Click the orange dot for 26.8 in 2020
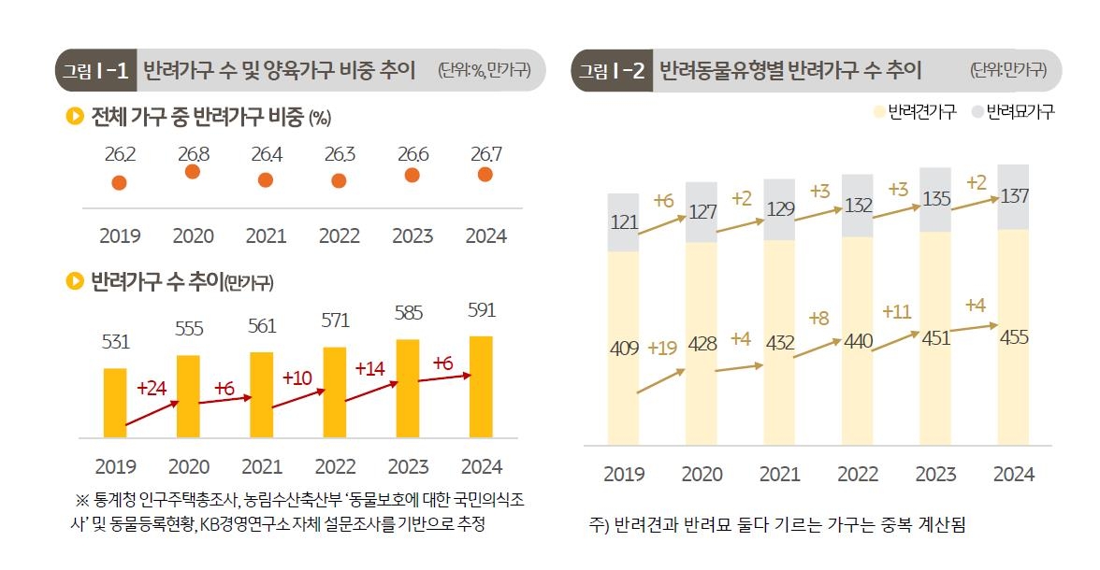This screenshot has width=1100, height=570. click(x=192, y=172)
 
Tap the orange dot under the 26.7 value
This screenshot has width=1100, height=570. click(x=485, y=175)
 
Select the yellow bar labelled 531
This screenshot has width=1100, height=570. click(x=115, y=403)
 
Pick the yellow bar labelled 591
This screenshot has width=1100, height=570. click(x=481, y=386)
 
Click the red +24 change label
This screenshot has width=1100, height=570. click(x=151, y=388)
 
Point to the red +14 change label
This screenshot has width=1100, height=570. click(x=370, y=368)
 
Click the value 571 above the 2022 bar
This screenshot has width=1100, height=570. click(x=335, y=321)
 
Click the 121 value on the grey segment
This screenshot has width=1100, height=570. click(x=624, y=222)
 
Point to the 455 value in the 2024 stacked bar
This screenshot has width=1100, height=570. click(x=1013, y=337)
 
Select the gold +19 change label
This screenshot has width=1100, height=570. click(x=661, y=348)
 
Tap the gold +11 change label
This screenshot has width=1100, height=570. click(x=897, y=311)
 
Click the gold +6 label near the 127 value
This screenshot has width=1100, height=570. click(x=663, y=200)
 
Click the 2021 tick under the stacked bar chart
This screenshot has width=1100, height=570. click(x=780, y=475)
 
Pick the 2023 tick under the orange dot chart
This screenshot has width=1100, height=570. click(x=412, y=235)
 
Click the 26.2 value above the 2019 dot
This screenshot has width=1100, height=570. click(x=120, y=154)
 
